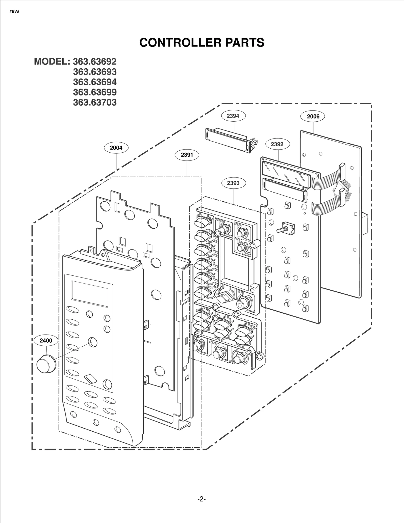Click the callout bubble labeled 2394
[x=233, y=116]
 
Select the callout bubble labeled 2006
[x=313, y=116]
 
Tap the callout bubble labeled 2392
[x=277, y=144]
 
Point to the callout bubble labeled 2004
[x=116, y=148]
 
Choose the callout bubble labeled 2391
[x=187, y=155]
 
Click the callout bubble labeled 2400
[x=46, y=340]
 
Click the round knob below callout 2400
[x=46, y=364]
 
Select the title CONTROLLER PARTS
[x=202, y=42]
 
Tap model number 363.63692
[x=95, y=62]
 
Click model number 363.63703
[x=95, y=102]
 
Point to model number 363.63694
[x=95, y=82]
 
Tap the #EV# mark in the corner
[x=14, y=12]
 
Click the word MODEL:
[x=52, y=62]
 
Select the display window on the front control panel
[x=90, y=294]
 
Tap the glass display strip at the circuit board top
[x=285, y=175]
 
